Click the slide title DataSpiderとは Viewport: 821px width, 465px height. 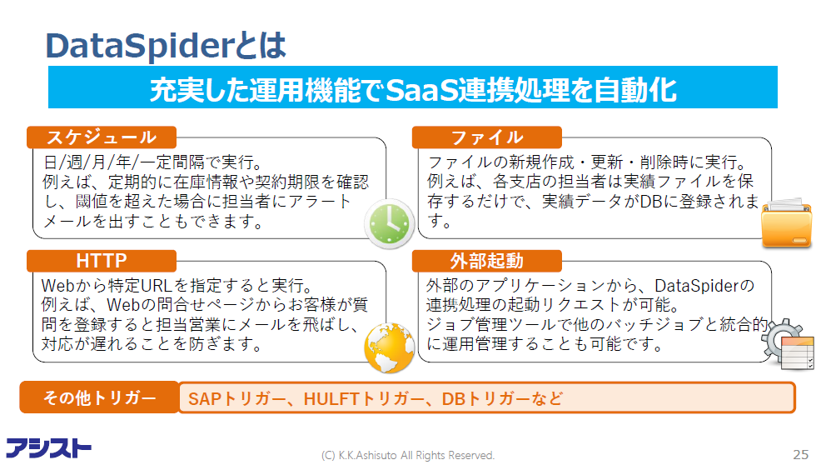166,45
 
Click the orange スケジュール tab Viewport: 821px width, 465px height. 102,137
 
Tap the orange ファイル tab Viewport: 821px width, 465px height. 487,137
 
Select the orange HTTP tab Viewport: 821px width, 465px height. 102,261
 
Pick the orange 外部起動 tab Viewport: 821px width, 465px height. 487,261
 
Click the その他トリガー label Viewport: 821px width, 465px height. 99,397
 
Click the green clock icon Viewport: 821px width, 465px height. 390,224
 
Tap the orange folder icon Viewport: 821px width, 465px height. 786,223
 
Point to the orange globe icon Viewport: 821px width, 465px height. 390,347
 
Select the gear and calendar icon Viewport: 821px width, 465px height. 788,343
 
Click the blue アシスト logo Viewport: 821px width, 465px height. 48,448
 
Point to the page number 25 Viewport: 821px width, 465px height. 800,454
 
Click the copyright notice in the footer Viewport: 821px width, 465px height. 408,455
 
